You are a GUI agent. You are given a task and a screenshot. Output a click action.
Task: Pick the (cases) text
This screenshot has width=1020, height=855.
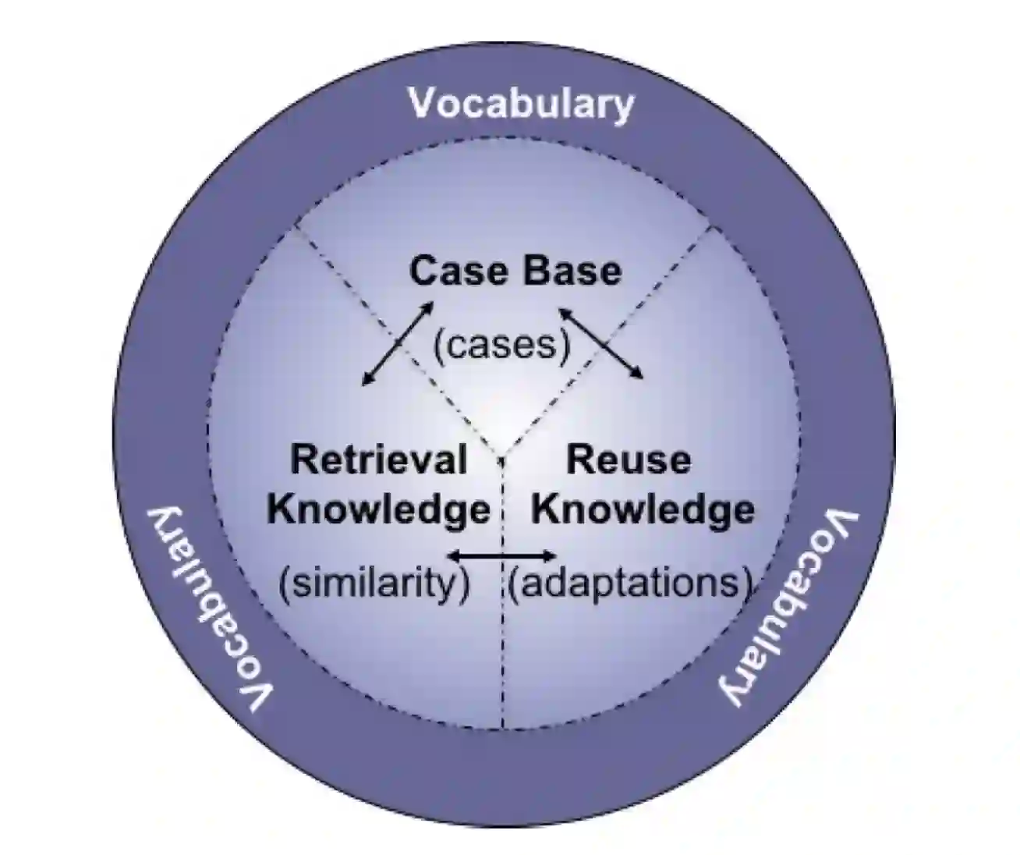click(x=502, y=344)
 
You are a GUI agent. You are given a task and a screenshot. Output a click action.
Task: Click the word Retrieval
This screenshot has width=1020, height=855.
click(x=378, y=459)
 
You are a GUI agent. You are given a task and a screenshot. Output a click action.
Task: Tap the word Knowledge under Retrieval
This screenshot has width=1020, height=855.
click(x=378, y=509)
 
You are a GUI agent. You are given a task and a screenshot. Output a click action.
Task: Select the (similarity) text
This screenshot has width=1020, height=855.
click(x=375, y=582)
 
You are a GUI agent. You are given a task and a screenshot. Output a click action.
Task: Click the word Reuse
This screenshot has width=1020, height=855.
click(x=628, y=459)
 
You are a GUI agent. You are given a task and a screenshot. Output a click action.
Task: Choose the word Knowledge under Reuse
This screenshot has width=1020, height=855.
click(x=643, y=509)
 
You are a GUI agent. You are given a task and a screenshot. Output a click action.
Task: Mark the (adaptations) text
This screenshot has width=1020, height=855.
click(x=630, y=582)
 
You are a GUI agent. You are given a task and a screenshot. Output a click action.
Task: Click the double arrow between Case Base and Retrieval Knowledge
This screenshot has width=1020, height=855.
click(x=398, y=342)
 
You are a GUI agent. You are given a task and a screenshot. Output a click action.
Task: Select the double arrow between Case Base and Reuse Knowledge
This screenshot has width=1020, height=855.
click(x=600, y=342)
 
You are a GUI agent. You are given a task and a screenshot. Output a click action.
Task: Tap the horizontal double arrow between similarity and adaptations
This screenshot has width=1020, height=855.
click(x=503, y=555)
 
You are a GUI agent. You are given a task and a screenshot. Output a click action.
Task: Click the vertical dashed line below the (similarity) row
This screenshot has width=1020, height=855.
click(x=503, y=663)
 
